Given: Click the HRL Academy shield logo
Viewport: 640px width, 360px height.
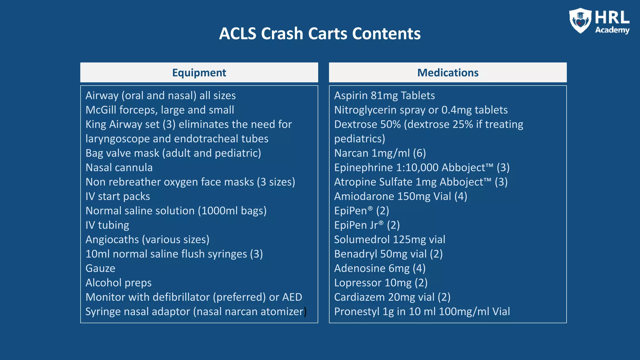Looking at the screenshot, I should coord(580,21).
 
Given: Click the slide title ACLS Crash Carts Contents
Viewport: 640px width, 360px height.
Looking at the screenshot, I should coord(320,33).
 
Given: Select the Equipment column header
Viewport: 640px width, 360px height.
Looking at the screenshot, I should coord(199,72).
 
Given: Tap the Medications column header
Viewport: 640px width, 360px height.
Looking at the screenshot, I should coord(447,72).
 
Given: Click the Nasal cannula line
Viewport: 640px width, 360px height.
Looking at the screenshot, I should coord(119,167).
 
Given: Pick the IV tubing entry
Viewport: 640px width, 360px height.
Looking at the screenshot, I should coord(107,225).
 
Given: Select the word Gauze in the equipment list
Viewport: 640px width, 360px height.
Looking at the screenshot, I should coord(100,268).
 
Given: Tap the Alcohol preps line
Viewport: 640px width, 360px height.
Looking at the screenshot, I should coord(118,283).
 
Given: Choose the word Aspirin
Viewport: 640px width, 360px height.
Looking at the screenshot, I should coord(351,96).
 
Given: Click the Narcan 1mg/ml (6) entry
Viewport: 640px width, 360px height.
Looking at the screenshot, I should coord(380,153).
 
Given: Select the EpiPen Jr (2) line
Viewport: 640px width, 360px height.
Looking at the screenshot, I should coord(367,225).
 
